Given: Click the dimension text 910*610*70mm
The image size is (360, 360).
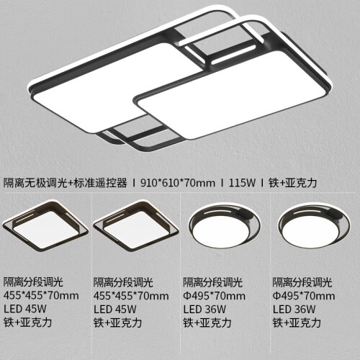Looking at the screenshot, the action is [178, 183].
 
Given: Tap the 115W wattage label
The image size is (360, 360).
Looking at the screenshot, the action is [242, 183].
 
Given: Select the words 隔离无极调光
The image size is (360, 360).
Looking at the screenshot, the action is [35, 183].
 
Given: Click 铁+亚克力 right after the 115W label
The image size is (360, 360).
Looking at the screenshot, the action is [293, 183].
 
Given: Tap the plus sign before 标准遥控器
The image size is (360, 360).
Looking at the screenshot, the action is [71, 184].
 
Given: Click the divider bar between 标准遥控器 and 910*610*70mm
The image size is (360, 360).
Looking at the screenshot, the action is [134, 183].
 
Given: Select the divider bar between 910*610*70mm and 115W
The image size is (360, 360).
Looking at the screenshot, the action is [222, 183].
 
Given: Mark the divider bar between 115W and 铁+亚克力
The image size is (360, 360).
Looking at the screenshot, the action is [262, 183].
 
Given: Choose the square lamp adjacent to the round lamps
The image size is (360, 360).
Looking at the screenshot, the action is [136, 225].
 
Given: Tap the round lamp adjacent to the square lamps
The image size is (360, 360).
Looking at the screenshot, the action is [225, 225].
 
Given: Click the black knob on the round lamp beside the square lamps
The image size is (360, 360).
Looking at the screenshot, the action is [245, 213].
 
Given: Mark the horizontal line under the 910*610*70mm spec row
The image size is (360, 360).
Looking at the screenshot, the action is [180, 192].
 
